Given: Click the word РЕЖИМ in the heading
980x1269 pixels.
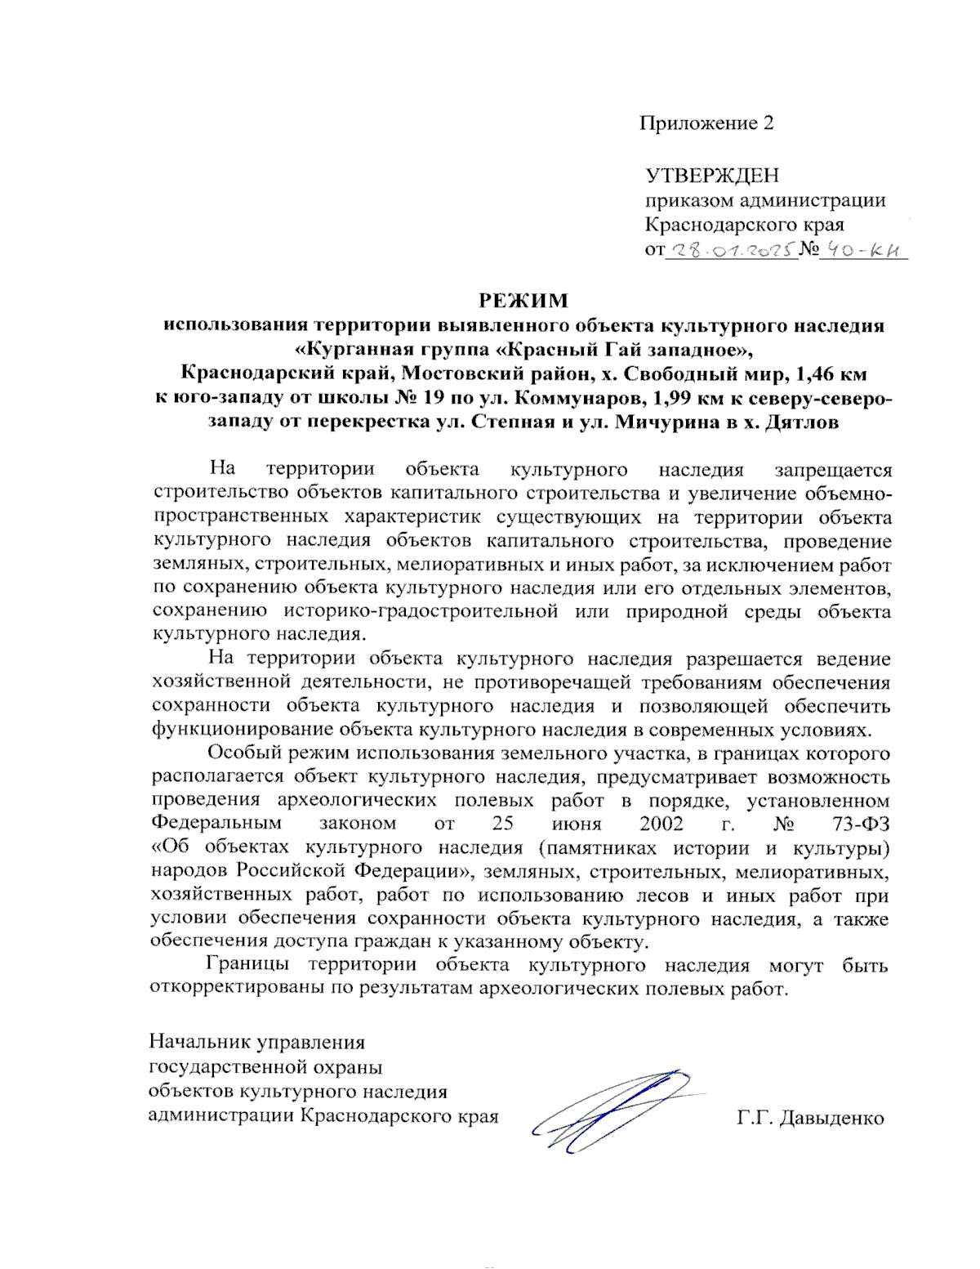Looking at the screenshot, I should click(523, 301).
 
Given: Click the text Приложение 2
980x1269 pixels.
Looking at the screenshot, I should click(706, 123).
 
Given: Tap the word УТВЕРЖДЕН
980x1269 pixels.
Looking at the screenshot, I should click(712, 176).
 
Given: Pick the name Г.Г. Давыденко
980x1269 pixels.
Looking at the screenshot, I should click(810, 1118).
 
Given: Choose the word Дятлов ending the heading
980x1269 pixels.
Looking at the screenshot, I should click(802, 423).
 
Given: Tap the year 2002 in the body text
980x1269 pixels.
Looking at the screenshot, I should click(661, 824).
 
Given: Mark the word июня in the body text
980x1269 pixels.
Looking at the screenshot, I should click(577, 824).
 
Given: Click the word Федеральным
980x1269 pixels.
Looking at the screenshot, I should click(216, 824).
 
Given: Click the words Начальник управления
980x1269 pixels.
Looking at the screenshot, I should click(256, 1043).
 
